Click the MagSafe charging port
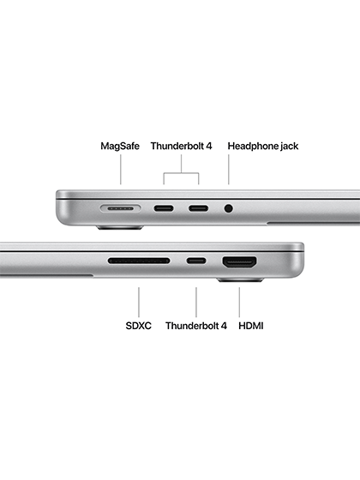[121, 209]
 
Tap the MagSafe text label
[120, 146]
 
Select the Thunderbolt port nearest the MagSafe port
[164, 209]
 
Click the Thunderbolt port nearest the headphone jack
[198, 209]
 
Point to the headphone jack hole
[228, 209]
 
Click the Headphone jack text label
[263, 146]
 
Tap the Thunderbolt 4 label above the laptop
[181, 146]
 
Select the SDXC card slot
[139, 261]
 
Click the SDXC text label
[138, 326]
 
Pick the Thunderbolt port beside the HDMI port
[196, 261]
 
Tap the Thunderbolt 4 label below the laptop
[196, 326]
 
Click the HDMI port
[240, 262]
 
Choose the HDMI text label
[250, 326]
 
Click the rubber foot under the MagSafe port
[120, 228]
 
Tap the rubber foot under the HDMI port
[240, 280]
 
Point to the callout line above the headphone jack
[228, 170]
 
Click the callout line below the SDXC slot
[139, 302]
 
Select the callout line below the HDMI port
[239, 302]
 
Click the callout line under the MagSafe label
[120, 170]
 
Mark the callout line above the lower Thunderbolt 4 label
[196, 302]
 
